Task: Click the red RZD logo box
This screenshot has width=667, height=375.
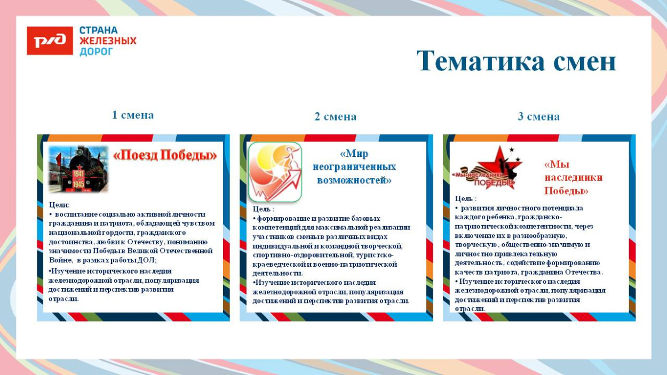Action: click(x=50, y=41)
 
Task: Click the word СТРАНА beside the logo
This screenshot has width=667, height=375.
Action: click(x=98, y=30)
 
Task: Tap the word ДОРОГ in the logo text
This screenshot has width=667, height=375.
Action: click(x=96, y=52)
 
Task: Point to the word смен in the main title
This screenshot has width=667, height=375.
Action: click(x=584, y=61)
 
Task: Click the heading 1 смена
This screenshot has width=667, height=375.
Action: click(x=133, y=115)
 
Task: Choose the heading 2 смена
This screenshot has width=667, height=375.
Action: click(x=335, y=116)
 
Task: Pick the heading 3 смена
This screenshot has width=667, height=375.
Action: click(x=538, y=116)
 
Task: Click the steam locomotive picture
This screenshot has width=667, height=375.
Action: click(x=78, y=169)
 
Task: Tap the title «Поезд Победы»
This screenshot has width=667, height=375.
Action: click(x=165, y=155)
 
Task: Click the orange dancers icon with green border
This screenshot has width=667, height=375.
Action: click(x=275, y=171)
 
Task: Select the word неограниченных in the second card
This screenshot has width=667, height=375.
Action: click(x=354, y=167)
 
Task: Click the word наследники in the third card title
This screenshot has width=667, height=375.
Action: click(x=573, y=178)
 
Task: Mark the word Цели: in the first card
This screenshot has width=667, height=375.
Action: click(x=59, y=205)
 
